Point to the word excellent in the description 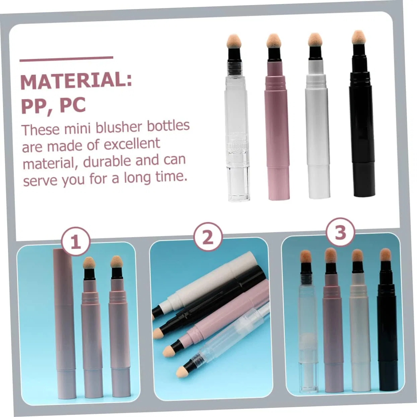pyautogui.click(x=132, y=144)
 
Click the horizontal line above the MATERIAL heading pyautogui.click(x=66, y=59)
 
